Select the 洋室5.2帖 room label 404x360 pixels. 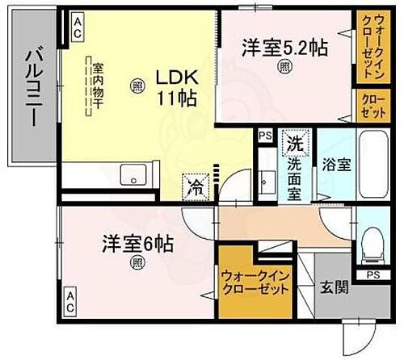(x=284, y=48)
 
